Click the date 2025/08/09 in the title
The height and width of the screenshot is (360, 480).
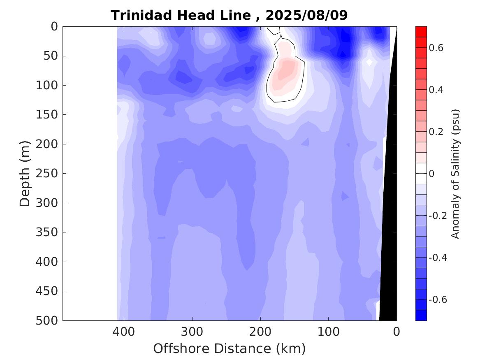307,15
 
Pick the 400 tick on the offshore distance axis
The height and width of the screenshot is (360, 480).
124,331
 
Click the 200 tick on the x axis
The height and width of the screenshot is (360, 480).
260,331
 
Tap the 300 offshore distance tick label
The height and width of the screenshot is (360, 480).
192,331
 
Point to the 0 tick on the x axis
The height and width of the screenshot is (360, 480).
397,331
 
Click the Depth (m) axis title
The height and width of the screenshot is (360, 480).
25,173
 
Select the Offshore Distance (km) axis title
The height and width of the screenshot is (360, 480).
230,348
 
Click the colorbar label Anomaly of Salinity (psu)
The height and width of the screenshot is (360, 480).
455,173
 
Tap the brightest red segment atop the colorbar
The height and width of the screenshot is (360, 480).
421,31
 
